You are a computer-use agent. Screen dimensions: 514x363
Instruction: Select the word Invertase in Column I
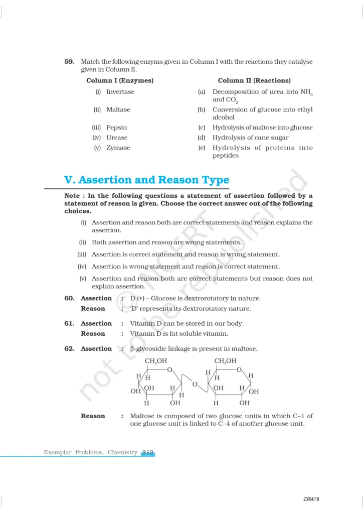tap(120, 92)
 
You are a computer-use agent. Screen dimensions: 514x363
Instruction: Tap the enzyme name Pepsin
tap(117, 127)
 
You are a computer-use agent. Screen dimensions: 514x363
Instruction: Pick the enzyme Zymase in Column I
tap(118, 148)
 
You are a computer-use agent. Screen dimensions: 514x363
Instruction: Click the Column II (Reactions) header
tap(254, 80)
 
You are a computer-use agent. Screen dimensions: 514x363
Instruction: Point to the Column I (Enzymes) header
tap(120, 80)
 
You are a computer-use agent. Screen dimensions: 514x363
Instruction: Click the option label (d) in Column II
tap(202, 138)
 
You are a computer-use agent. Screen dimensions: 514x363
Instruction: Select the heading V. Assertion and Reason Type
tap(146, 180)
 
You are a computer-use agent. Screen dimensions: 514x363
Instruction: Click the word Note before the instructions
tap(73, 196)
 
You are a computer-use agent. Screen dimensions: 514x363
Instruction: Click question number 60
tap(69, 298)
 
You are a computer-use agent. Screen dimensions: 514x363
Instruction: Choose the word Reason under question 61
tap(93, 334)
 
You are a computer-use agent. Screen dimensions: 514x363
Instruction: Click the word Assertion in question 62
tap(96, 349)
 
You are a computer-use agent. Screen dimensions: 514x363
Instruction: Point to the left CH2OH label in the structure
tap(156, 361)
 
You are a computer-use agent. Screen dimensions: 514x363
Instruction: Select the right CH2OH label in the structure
tap(225, 361)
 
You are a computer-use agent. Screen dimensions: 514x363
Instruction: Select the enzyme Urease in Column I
tap(117, 138)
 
